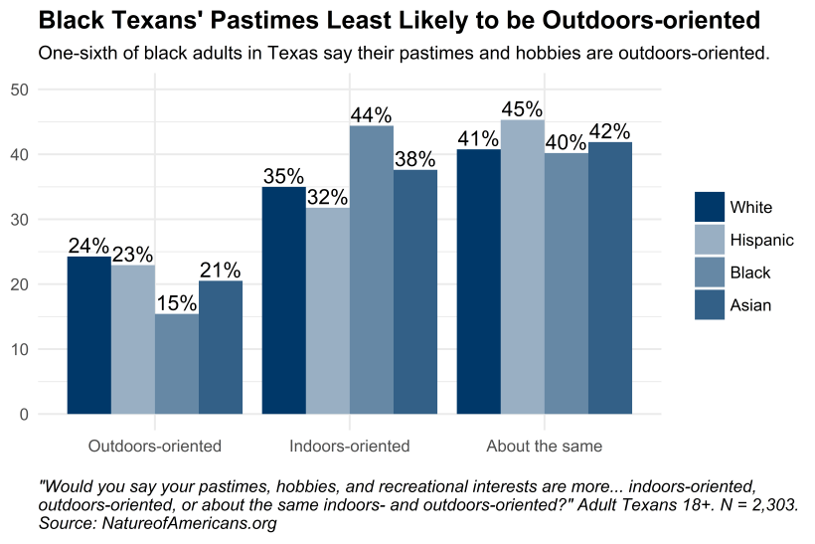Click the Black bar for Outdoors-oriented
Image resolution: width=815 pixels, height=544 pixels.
(176, 364)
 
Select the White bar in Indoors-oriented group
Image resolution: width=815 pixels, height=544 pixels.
(283, 300)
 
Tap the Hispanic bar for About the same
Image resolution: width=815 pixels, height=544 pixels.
(522, 267)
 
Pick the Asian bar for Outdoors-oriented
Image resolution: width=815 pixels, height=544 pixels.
(220, 347)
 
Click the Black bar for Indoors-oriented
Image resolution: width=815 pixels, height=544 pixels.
(371, 270)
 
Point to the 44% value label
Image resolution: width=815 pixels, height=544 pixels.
(371, 114)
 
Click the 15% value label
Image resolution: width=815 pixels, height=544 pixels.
(176, 302)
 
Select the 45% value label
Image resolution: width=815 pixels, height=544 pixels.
(522, 108)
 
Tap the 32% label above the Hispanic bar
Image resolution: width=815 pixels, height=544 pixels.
(327, 196)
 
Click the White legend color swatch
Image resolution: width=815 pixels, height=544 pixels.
(710, 207)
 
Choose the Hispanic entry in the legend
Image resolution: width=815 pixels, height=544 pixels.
(761, 240)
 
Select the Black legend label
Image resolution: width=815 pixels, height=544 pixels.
(749, 272)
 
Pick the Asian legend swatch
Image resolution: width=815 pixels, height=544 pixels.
(710, 305)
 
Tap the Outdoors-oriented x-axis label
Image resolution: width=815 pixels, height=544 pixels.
(154, 446)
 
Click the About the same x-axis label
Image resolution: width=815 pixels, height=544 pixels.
(544, 446)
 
